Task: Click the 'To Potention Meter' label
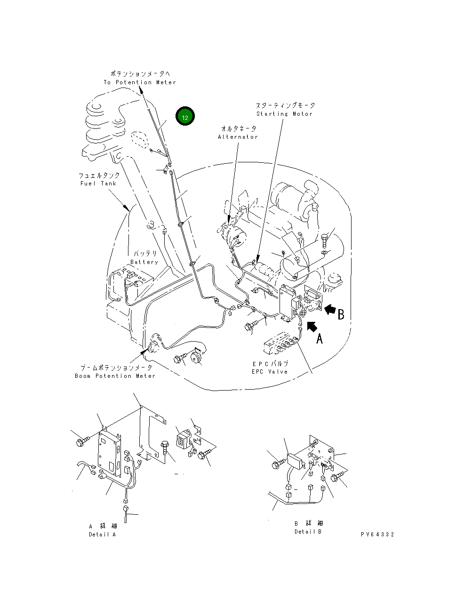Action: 140,82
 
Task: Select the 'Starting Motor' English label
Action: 284,114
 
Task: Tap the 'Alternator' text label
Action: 238,137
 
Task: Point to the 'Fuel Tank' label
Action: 98,184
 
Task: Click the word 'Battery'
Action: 144,262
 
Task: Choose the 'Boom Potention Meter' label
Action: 115,376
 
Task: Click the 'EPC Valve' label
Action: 270,372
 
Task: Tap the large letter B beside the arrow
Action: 341,314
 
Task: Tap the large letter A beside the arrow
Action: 320,338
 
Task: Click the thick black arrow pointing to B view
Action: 330,309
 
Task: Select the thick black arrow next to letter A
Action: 311,326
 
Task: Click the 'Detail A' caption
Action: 102,535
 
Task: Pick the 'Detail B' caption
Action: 308,532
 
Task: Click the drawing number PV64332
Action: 377,535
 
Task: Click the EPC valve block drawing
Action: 280,345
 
